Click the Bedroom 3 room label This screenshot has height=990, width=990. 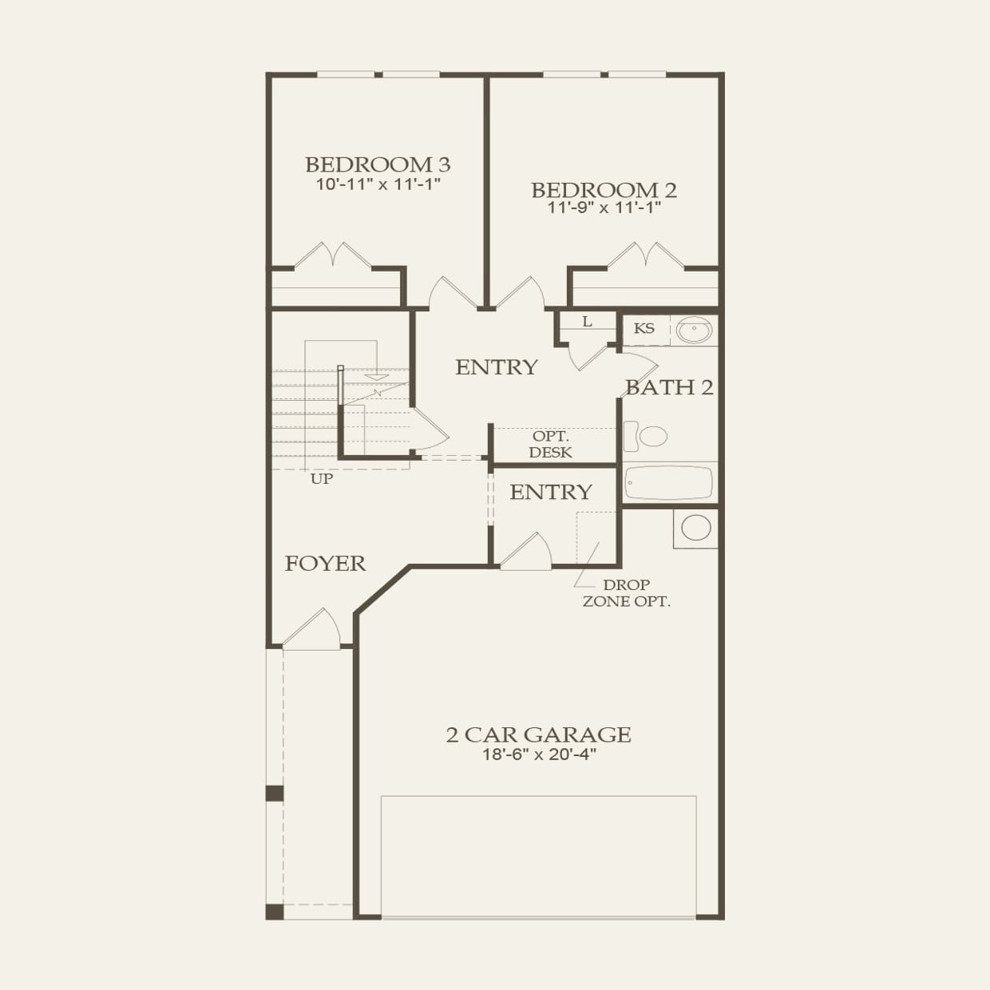[378, 165]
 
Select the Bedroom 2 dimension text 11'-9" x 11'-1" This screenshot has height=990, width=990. [604, 208]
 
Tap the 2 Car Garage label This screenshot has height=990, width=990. [538, 735]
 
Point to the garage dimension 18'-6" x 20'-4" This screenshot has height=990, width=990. [539, 754]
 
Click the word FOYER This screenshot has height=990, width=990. [325, 564]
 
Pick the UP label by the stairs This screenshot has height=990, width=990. [322, 479]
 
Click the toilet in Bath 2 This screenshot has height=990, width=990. [646, 436]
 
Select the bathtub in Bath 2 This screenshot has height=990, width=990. [668, 482]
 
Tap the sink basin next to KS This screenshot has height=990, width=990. [694, 329]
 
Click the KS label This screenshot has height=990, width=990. [644, 328]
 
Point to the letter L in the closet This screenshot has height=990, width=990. [588, 322]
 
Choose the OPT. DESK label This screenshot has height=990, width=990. [551, 445]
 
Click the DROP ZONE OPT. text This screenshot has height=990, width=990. [627, 593]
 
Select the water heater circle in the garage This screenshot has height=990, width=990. [696, 527]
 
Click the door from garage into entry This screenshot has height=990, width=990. [526, 551]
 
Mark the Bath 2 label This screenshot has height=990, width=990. [669, 387]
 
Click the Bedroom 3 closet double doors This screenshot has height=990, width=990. [333, 255]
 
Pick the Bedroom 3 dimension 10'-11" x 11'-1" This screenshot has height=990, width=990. [378, 184]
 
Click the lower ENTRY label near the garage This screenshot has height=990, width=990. [551, 492]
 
